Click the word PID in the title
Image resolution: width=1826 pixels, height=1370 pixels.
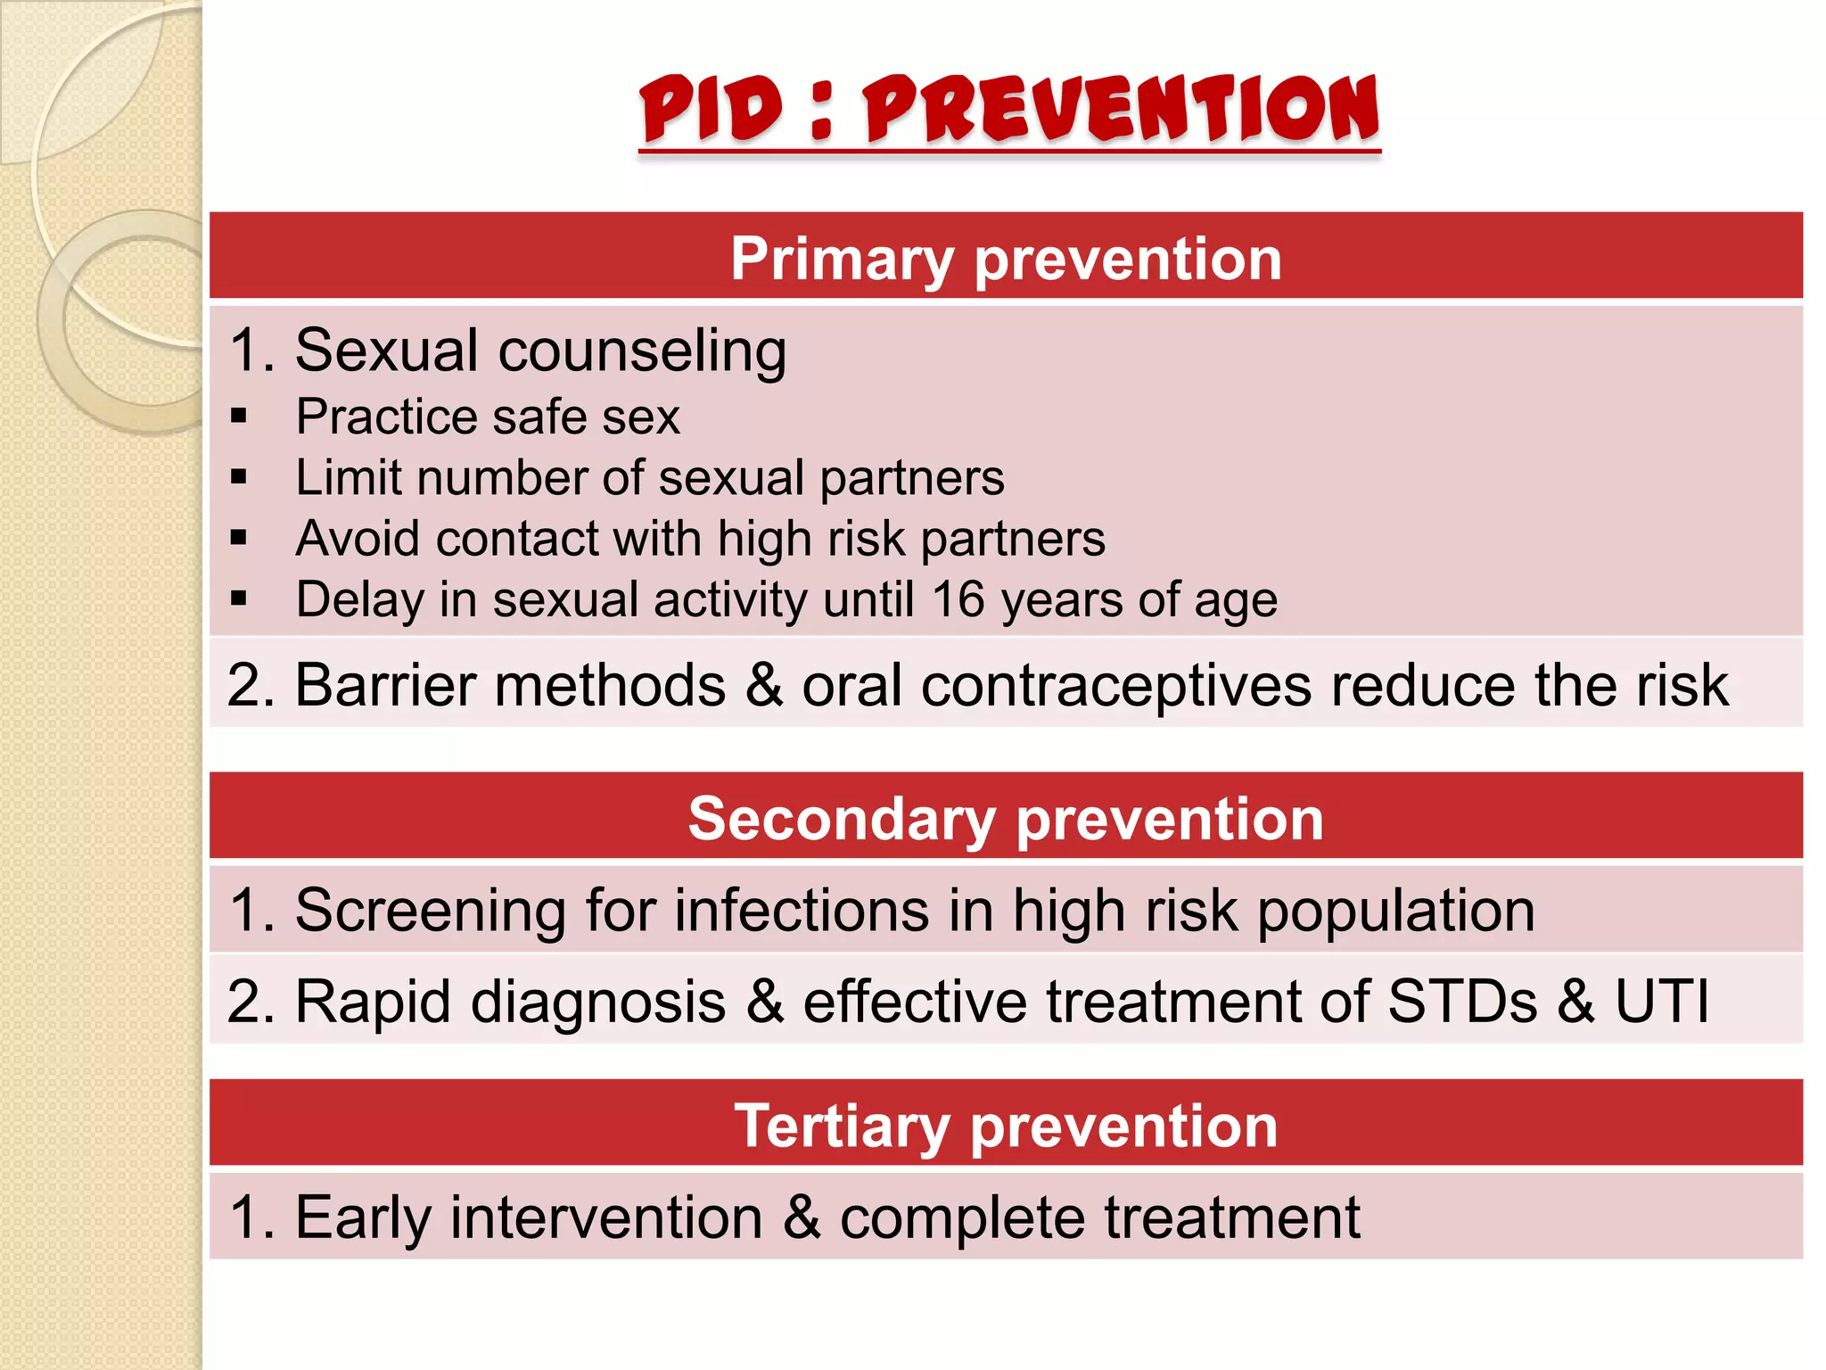[x=711, y=109]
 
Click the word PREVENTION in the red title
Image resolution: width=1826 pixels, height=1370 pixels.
[x=1121, y=109]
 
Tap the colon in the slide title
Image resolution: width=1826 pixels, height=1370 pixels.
[x=822, y=111]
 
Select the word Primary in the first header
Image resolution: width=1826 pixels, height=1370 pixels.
[x=842, y=260]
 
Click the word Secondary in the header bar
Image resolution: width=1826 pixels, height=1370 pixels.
[x=842, y=819]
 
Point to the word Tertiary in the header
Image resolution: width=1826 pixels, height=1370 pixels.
[x=842, y=1126]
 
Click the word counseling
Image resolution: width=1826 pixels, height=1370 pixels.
[x=642, y=351]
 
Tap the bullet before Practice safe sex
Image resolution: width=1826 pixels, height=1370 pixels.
[x=238, y=416]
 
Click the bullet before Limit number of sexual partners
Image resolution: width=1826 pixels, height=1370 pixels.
[x=238, y=476]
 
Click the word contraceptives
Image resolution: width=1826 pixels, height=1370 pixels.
[x=1115, y=687]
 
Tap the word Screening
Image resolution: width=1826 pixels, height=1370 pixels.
[x=430, y=912]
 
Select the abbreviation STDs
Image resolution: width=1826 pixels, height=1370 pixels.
[x=1462, y=1001]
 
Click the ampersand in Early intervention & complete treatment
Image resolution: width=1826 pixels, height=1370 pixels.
[x=801, y=1218]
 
